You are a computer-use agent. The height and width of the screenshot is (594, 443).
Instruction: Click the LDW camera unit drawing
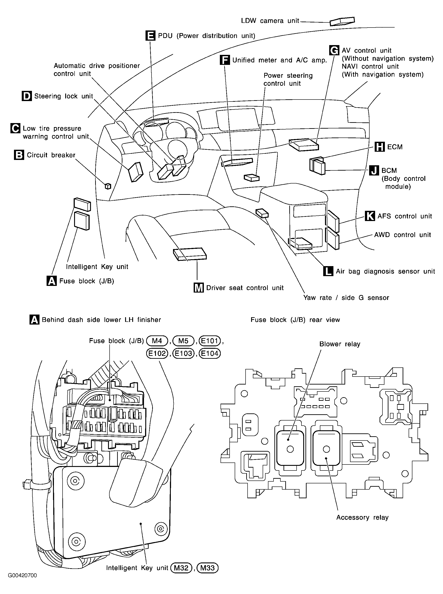(x=342, y=22)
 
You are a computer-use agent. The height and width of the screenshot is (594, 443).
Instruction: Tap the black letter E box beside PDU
(x=150, y=36)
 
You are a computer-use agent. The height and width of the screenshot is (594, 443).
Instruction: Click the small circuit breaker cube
(x=108, y=186)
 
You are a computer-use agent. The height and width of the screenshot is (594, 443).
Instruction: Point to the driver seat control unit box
(x=190, y=254)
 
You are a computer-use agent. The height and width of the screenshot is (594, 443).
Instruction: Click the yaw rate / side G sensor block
(x=262, y=213)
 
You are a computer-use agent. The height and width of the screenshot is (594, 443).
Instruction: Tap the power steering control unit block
(x=252, y=177)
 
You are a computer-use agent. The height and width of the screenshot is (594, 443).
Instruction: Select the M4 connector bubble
(x=157, y=341)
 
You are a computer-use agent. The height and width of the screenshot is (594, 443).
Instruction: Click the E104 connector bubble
(x=210, y=353)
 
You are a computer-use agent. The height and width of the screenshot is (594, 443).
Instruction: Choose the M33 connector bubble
(x=208, y=568)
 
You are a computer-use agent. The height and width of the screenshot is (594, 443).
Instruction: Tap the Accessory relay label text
(x=362, y=517)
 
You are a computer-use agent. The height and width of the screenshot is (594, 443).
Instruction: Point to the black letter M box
(x=199, y=288)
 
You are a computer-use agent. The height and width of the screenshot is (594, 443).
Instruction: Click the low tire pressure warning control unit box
(x=136, y=172)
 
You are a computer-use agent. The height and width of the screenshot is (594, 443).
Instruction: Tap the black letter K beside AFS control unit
(x=370, y=216)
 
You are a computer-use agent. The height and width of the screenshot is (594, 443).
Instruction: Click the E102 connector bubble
(x=157, y=353)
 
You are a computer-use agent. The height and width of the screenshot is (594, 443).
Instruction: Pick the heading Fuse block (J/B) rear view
(x=295, y=320)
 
